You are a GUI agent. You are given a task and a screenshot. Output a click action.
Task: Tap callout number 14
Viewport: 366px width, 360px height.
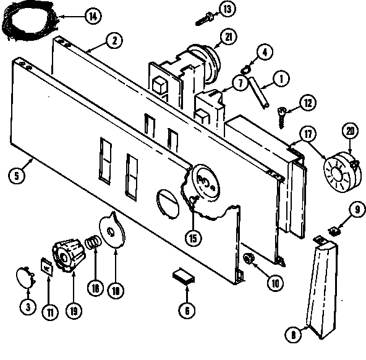coord(92,16)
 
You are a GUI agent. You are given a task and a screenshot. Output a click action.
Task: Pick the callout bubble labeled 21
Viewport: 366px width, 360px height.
coord(228,38)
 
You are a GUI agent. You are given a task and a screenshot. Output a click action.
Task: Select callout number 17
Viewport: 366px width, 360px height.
coord(308,134)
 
